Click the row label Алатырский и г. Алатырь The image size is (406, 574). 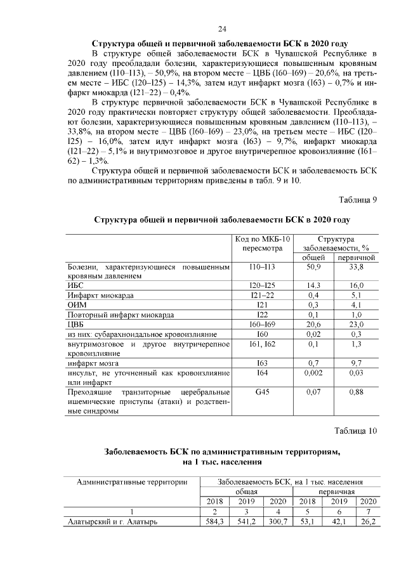click(112, 522)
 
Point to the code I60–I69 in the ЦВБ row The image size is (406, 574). click(263, 323)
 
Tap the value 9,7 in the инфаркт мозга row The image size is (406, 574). click(355, 363)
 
